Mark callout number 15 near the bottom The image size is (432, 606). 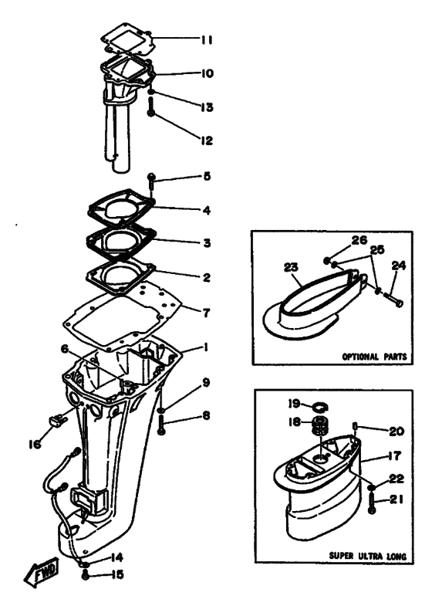116,575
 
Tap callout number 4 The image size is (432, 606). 206,210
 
